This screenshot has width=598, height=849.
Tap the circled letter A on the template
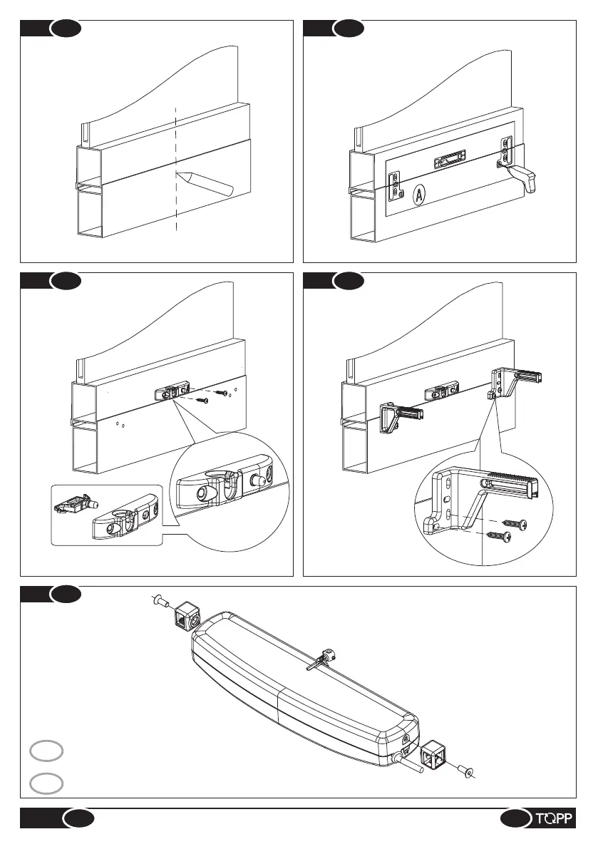418,193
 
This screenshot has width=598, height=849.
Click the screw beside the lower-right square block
467,772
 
